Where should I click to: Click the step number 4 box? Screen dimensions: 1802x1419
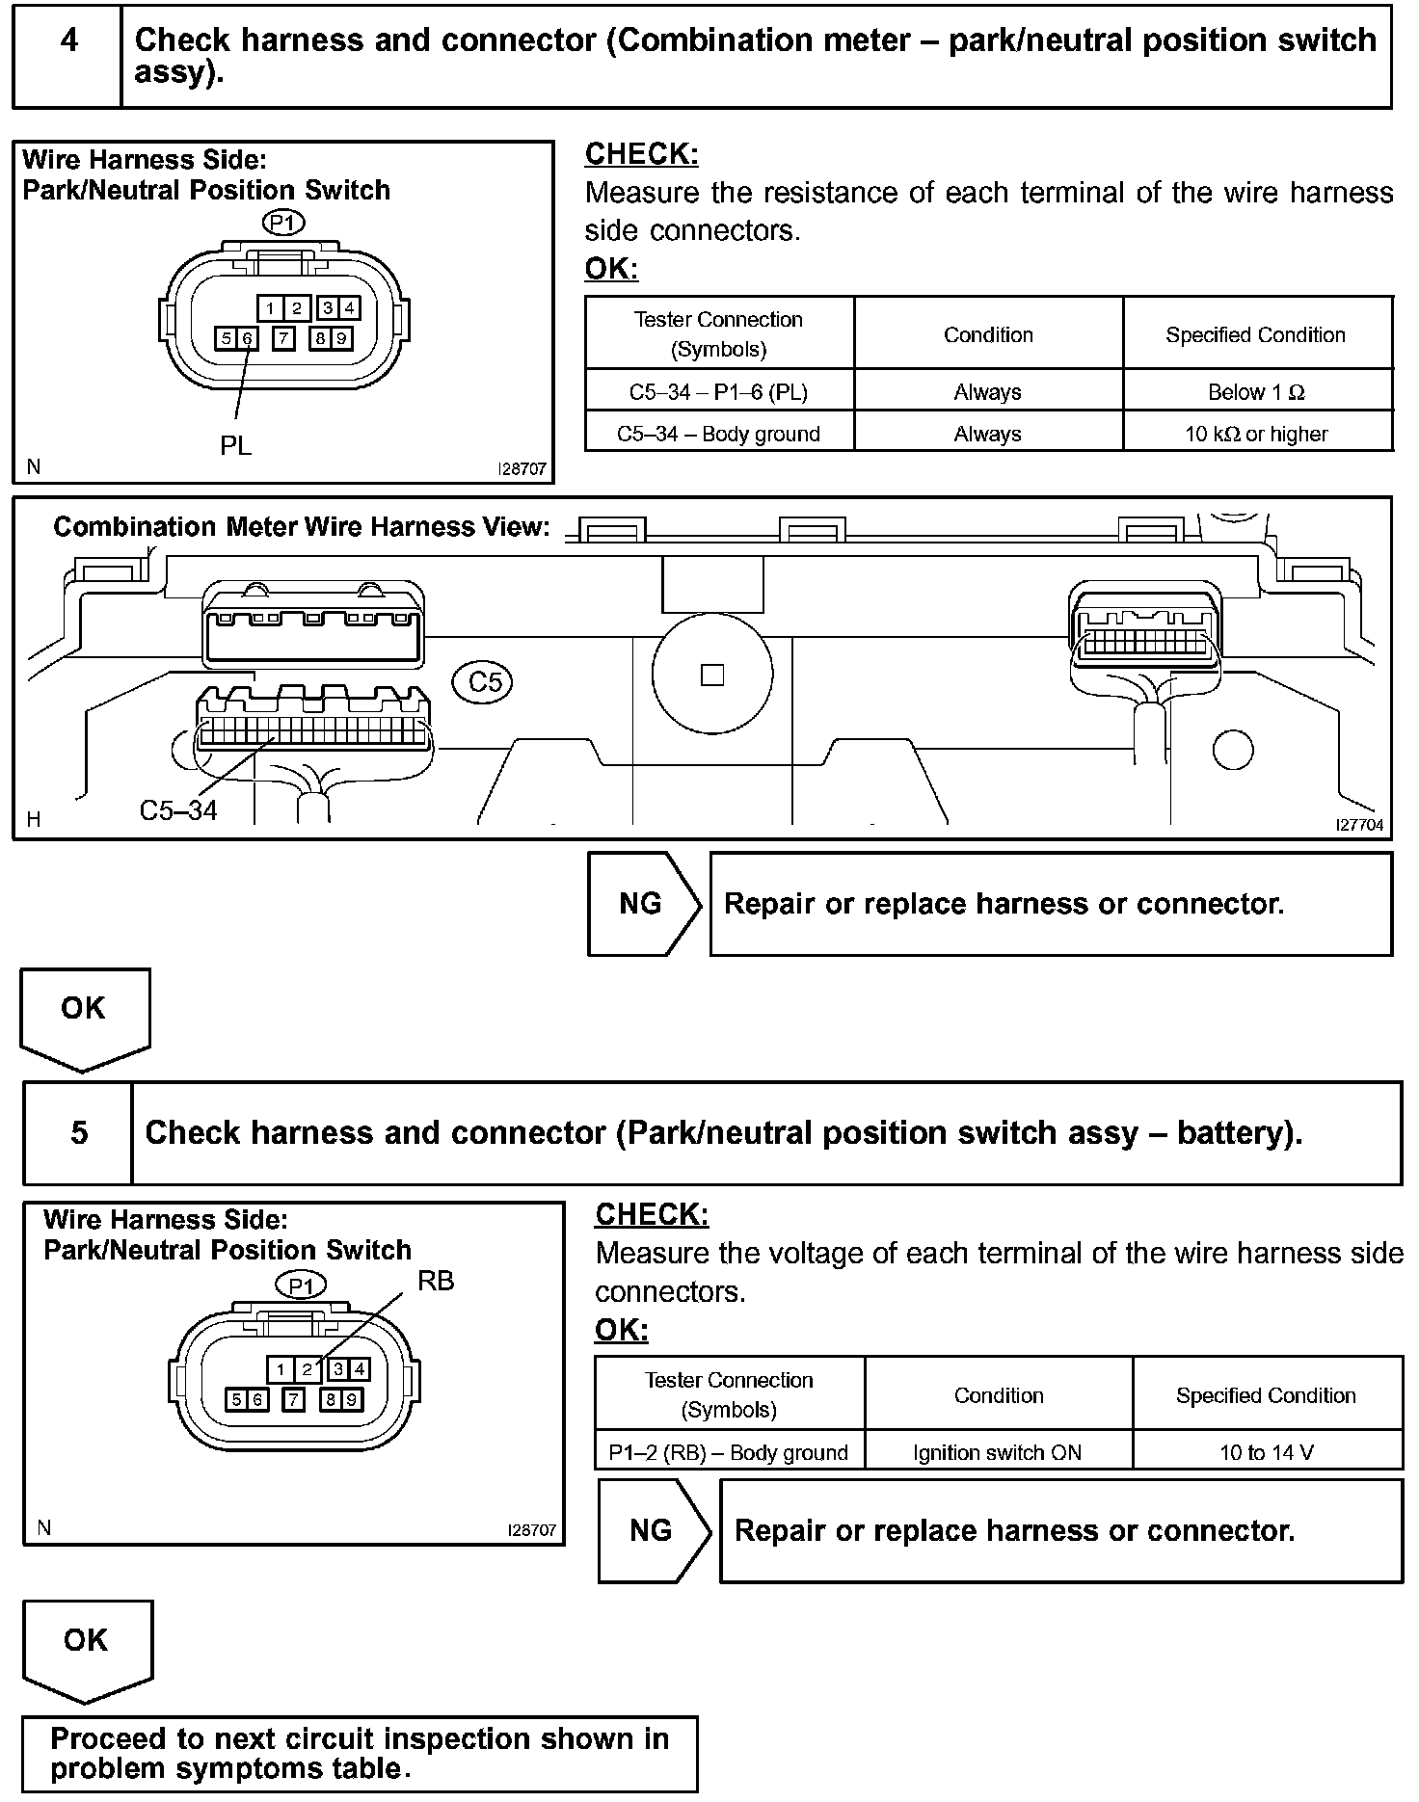coord(67,56)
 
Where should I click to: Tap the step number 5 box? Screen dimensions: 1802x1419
coord(78,1132)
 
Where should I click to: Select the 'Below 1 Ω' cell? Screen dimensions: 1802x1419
coord(1256,392)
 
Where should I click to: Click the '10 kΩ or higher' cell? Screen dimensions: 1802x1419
coord(1256,434)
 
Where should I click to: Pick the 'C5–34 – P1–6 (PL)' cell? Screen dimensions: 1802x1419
coord(718,392)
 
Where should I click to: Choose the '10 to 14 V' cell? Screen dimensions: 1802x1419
coord(1266,1452)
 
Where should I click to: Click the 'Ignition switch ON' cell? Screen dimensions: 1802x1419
coord(998,1452)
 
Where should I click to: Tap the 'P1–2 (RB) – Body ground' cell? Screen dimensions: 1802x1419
coord(729,1452)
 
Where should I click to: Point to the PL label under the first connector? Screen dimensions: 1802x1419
coord(235,445)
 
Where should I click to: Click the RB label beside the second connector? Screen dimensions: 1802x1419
coord(435,1281)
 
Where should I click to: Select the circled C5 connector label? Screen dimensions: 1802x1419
coord(483,682)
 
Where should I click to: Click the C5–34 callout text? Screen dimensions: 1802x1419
coord(178,810)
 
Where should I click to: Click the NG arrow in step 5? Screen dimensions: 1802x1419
coord(653,1530)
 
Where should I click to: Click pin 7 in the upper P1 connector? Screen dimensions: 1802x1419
coord(283,338)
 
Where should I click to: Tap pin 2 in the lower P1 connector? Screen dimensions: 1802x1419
coord(308,1368)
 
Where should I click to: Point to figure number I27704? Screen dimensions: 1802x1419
coord(1359,825)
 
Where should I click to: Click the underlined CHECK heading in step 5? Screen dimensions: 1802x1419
coord(652,1215)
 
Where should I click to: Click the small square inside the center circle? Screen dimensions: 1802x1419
coord(712,675)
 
